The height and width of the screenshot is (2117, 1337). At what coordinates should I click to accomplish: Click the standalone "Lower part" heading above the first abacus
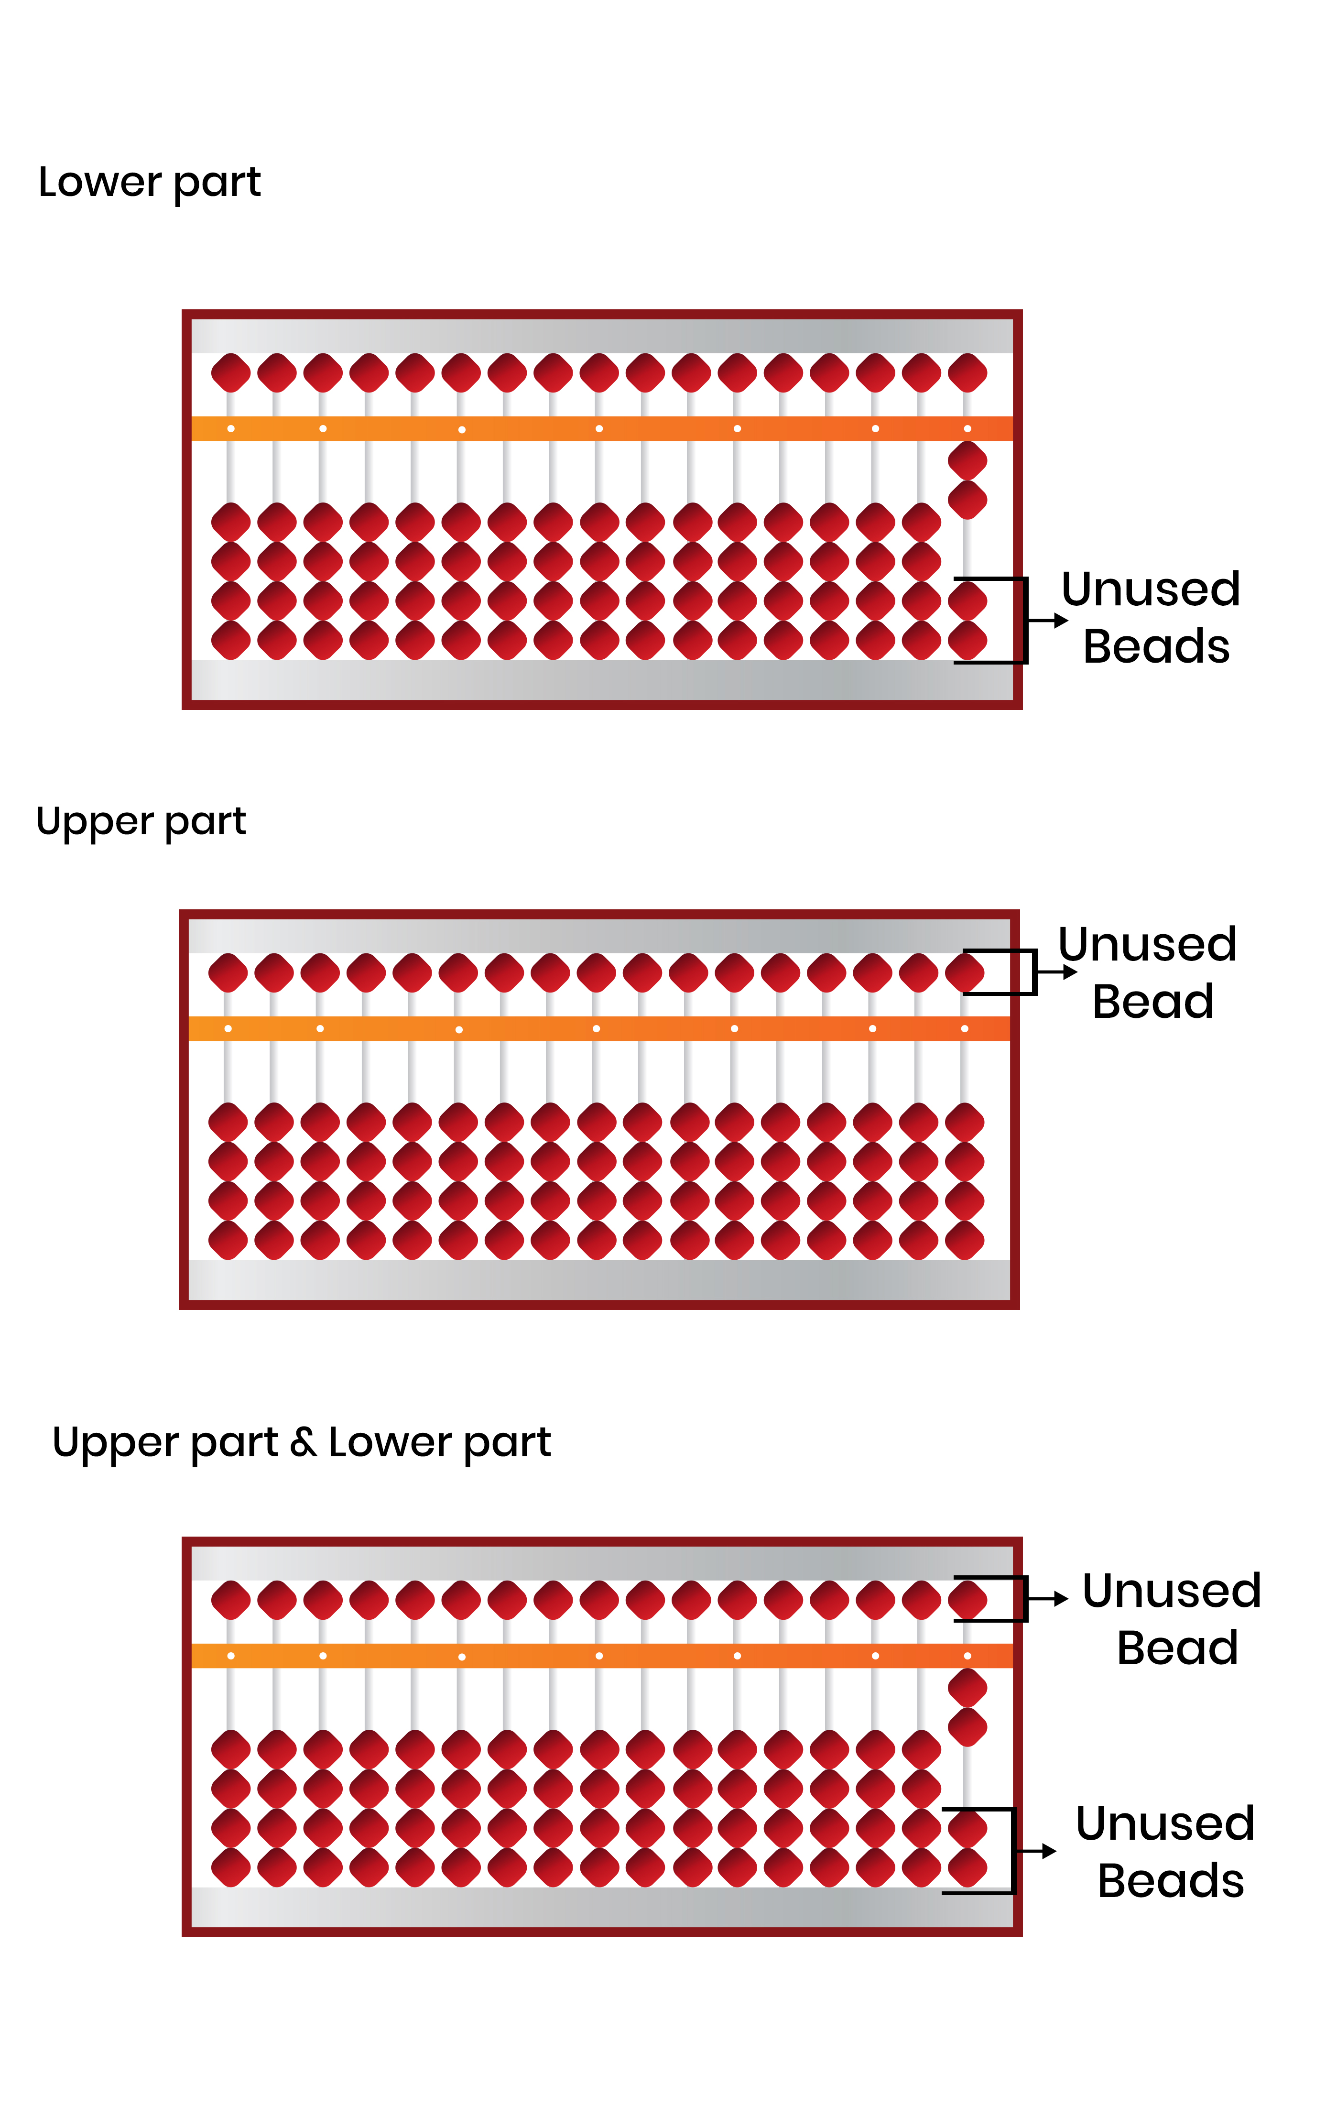tap(150, 183)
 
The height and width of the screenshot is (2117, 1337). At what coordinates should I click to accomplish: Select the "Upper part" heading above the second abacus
tap(141, 822)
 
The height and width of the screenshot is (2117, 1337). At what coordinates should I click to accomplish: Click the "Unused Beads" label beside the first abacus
tap(1152, 617)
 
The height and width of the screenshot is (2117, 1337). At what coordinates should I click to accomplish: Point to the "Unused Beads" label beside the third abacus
tap(1165, 1852)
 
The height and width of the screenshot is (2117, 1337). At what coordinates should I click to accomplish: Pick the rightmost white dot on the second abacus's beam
tap(964, 1028)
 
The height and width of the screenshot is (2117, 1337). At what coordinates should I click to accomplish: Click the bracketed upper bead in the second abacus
tap(964, 972)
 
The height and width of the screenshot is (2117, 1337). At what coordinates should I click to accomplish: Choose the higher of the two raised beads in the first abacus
tap(967, 460)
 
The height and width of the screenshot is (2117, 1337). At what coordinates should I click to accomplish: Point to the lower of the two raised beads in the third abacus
tap(967, 1727)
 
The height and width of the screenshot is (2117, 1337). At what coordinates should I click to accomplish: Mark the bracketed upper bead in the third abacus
tap(967, 1600)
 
